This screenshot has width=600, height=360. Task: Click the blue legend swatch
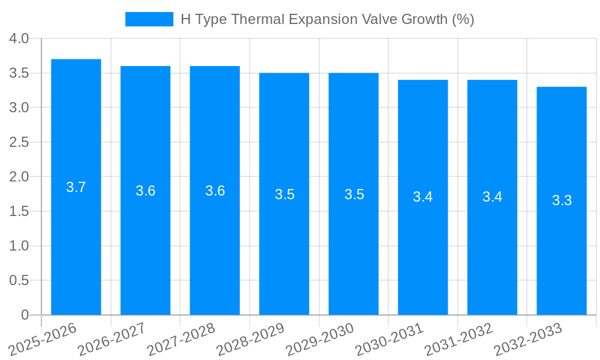(149, 19)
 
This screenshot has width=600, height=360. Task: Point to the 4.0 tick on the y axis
(19, 39)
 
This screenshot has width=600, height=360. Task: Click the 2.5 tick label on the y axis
(19, 143)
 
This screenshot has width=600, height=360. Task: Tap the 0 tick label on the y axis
(25, 315)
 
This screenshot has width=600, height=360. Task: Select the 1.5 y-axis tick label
(19, 212)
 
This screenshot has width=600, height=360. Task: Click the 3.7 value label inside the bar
(76, 187)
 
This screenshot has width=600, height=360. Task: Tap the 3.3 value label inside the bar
(562, 201)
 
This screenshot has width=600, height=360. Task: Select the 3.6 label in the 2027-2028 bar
(215, 191)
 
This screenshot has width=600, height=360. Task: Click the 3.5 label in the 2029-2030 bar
(354, 194)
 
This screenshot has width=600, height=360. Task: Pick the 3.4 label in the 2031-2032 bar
(492, 197)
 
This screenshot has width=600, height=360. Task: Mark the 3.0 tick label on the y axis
(19, 108)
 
